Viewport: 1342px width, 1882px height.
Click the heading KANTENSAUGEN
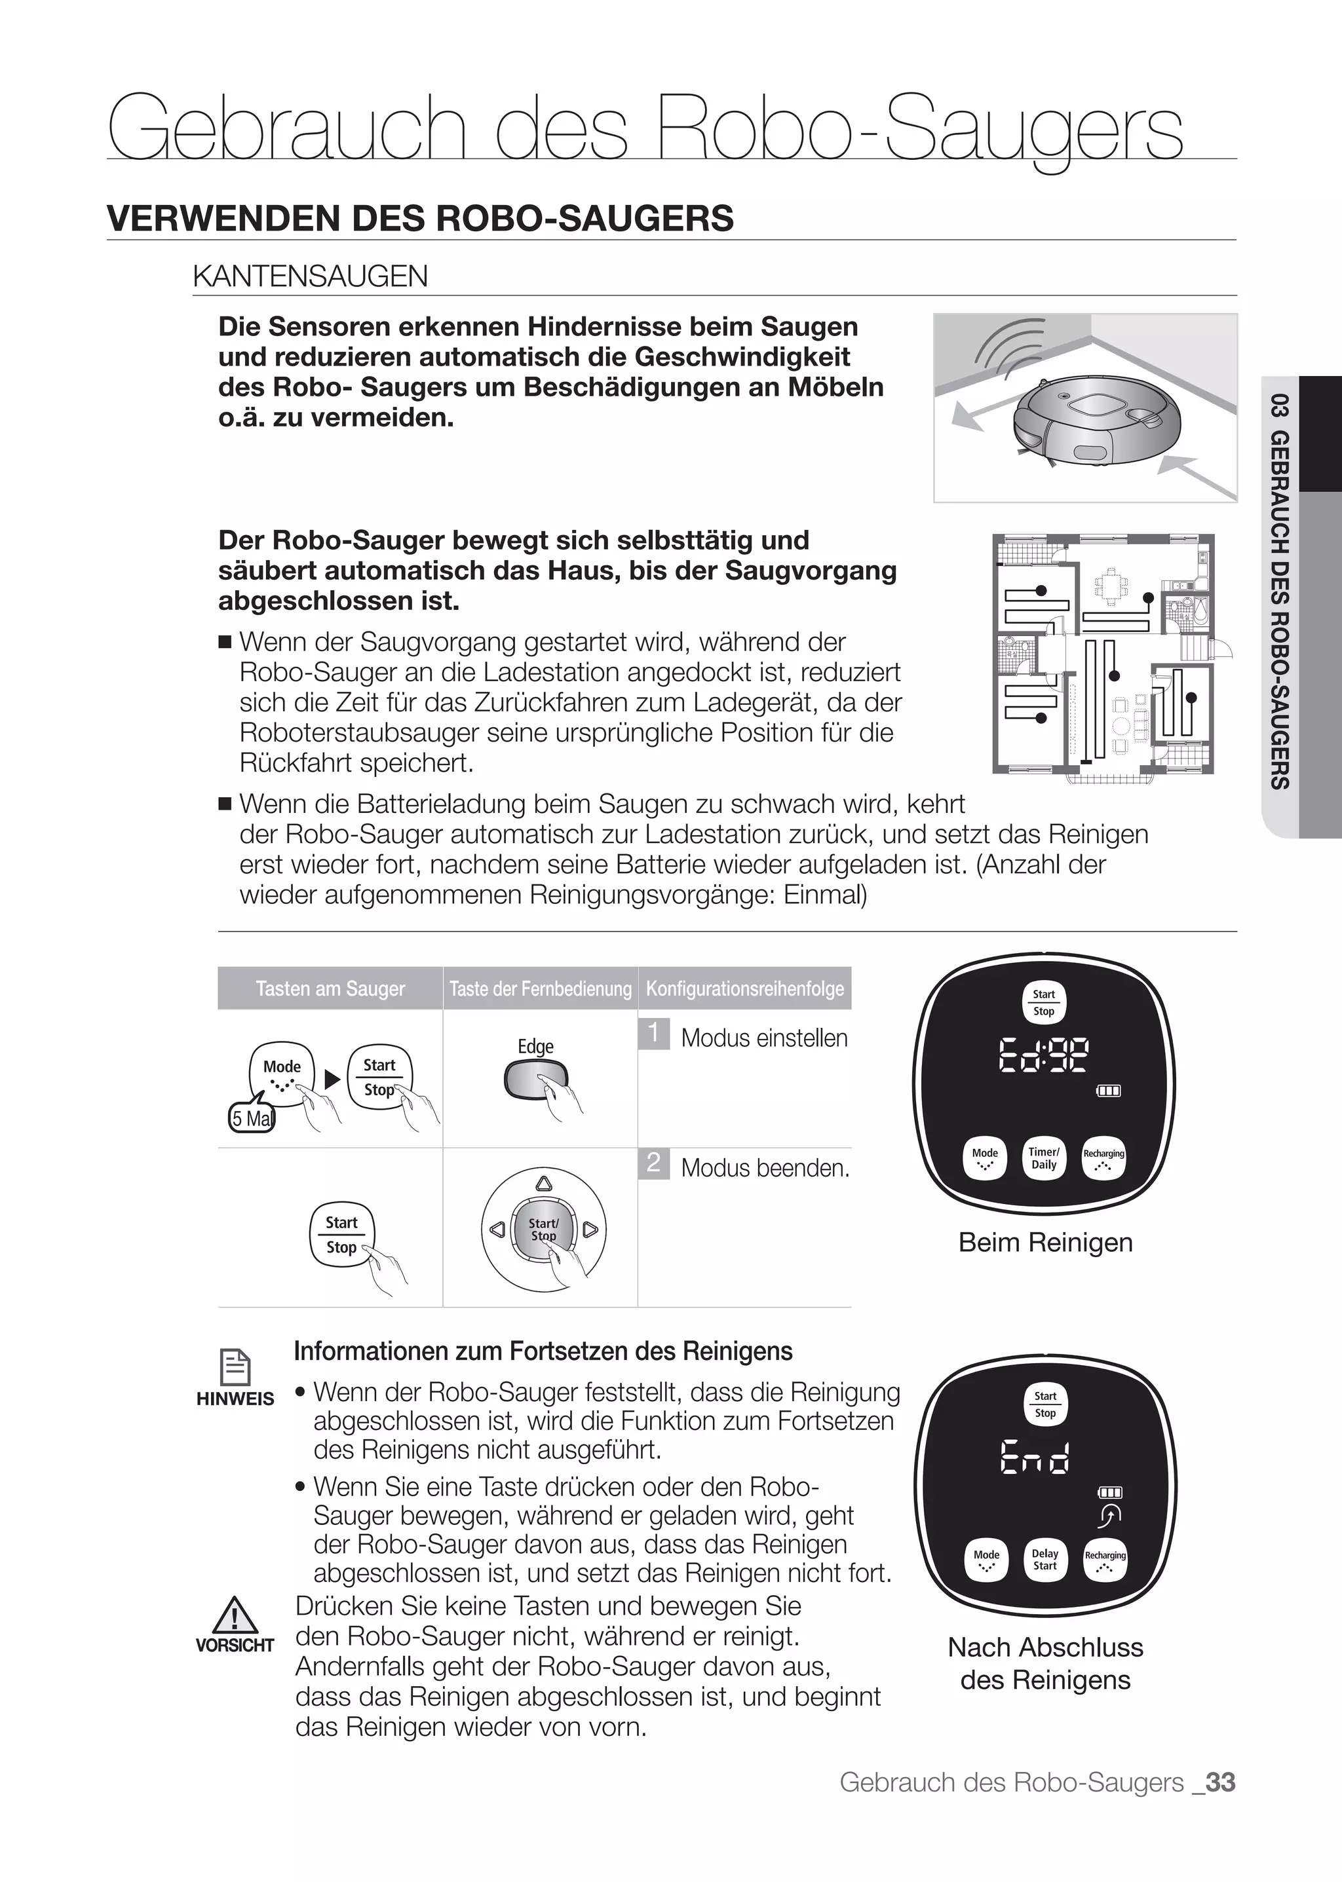coord(310,276)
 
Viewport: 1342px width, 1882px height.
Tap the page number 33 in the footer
coord(1219,1782)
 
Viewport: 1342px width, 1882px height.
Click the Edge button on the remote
coord(535,1080)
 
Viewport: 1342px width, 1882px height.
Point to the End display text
coord(1035,1458)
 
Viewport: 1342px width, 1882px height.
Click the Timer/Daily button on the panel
coord(1044,1158)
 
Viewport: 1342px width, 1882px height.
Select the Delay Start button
coord(1045,1560)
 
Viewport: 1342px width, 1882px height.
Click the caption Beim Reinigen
coord(1045,1243)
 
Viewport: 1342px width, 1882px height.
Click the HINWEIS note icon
coord(235,1367)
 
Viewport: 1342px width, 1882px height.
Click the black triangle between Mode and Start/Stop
coord(332,1080)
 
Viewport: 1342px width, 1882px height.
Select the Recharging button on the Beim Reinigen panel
coord(1103,1158)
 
